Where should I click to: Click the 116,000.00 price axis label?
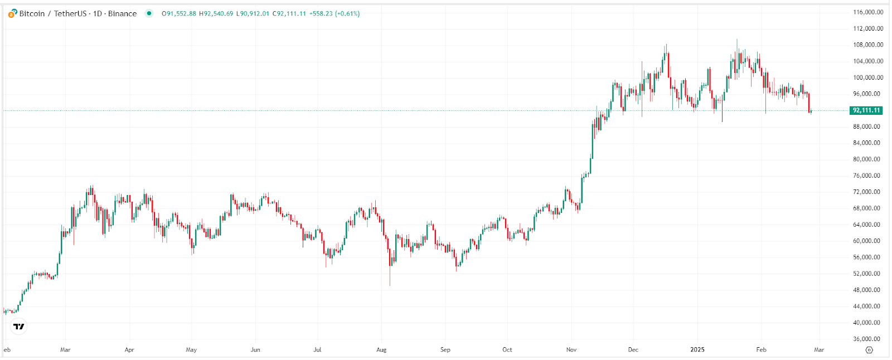tap(868, 12)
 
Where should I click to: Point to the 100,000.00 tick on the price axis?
tap(868, 77)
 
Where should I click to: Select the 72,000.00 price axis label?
tap(868, 192)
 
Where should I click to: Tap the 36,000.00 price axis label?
tap(868, 339)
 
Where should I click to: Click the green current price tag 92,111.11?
tap(866, 110)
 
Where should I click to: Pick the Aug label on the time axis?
tap(381, 350)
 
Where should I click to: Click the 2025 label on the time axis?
tap(697, 350)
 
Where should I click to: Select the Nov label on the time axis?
tap(571, 350)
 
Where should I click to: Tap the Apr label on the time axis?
tap(129, 350)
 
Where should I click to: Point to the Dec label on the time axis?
tap(633, 350)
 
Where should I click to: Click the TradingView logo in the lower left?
tap(19, 327)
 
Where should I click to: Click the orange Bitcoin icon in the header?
tap(12, 13)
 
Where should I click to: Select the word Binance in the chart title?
tap(122, 13)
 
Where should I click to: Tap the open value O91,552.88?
tap(179, 14)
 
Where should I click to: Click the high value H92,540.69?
tap(216, 14)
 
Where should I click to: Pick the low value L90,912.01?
tap(253, 14)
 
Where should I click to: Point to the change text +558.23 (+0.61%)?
tap(334, 14)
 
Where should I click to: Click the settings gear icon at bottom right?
tap(869, 350)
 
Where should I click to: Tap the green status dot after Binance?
tap(149, 13)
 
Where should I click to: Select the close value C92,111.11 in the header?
tap(289, 14)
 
